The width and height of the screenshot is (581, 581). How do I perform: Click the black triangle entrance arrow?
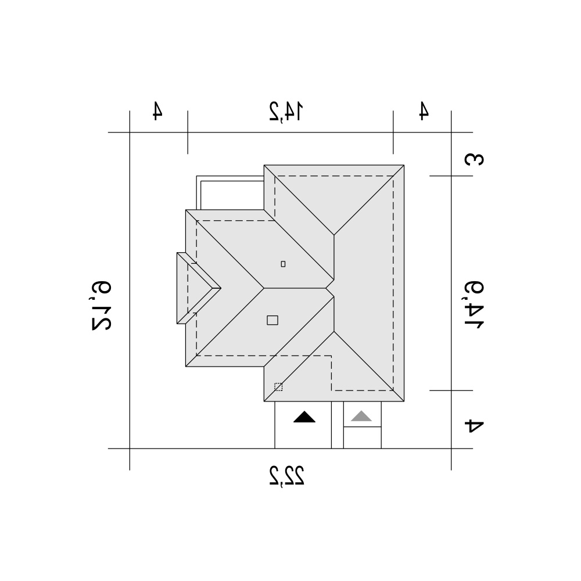pyautogui.click(x=304, y=417)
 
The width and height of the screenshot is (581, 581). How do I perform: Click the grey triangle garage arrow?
pyautogui.click(x=361, y=416)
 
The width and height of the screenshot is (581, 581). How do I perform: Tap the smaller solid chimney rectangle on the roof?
pyautogui.click(x=283, y=264)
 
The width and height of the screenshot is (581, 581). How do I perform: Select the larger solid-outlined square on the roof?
pyautogui.click(x=272, y=320)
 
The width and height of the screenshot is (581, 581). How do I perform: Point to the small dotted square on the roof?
pyautogui.click(x=278, y=387)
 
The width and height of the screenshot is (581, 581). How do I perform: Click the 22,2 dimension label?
pyautogui.click(x=287, y=475)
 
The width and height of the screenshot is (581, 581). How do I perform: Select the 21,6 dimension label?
pyautogui.click(x=101, y=306)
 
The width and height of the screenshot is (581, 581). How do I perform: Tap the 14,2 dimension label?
pyautogui.click(x=286, y=112)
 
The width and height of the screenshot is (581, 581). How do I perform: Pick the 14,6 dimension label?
pyautogui.click(x=474, y=304)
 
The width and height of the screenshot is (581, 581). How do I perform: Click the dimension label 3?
pyautogui.click(x=474, y=159)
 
